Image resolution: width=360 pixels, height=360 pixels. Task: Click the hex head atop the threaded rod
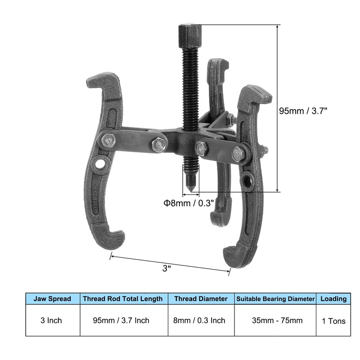click(x=188, y=33)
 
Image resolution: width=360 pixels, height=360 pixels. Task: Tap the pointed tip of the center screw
click(x=191, y=188)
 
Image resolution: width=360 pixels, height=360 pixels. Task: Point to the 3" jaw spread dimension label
click(x=167, y=268)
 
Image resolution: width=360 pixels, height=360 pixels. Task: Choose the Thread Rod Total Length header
click(x=122, y=298)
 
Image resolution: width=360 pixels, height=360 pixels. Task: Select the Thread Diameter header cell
click(x=201, y=298)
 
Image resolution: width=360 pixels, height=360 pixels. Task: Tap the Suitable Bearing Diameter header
click(x=275, y=298)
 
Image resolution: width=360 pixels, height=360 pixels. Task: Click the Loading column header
click(x=333, y=298)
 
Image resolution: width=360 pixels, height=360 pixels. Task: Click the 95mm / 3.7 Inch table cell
click(x=122, y=320)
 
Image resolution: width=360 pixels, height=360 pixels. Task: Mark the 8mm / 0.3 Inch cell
click(x=201, y=320)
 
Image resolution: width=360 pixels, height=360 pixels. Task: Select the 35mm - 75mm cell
click(x=275, y=320)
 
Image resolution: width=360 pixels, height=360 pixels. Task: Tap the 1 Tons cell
click(x=333, y=320)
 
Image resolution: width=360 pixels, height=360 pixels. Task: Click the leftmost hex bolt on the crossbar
click(x=108, y=141)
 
